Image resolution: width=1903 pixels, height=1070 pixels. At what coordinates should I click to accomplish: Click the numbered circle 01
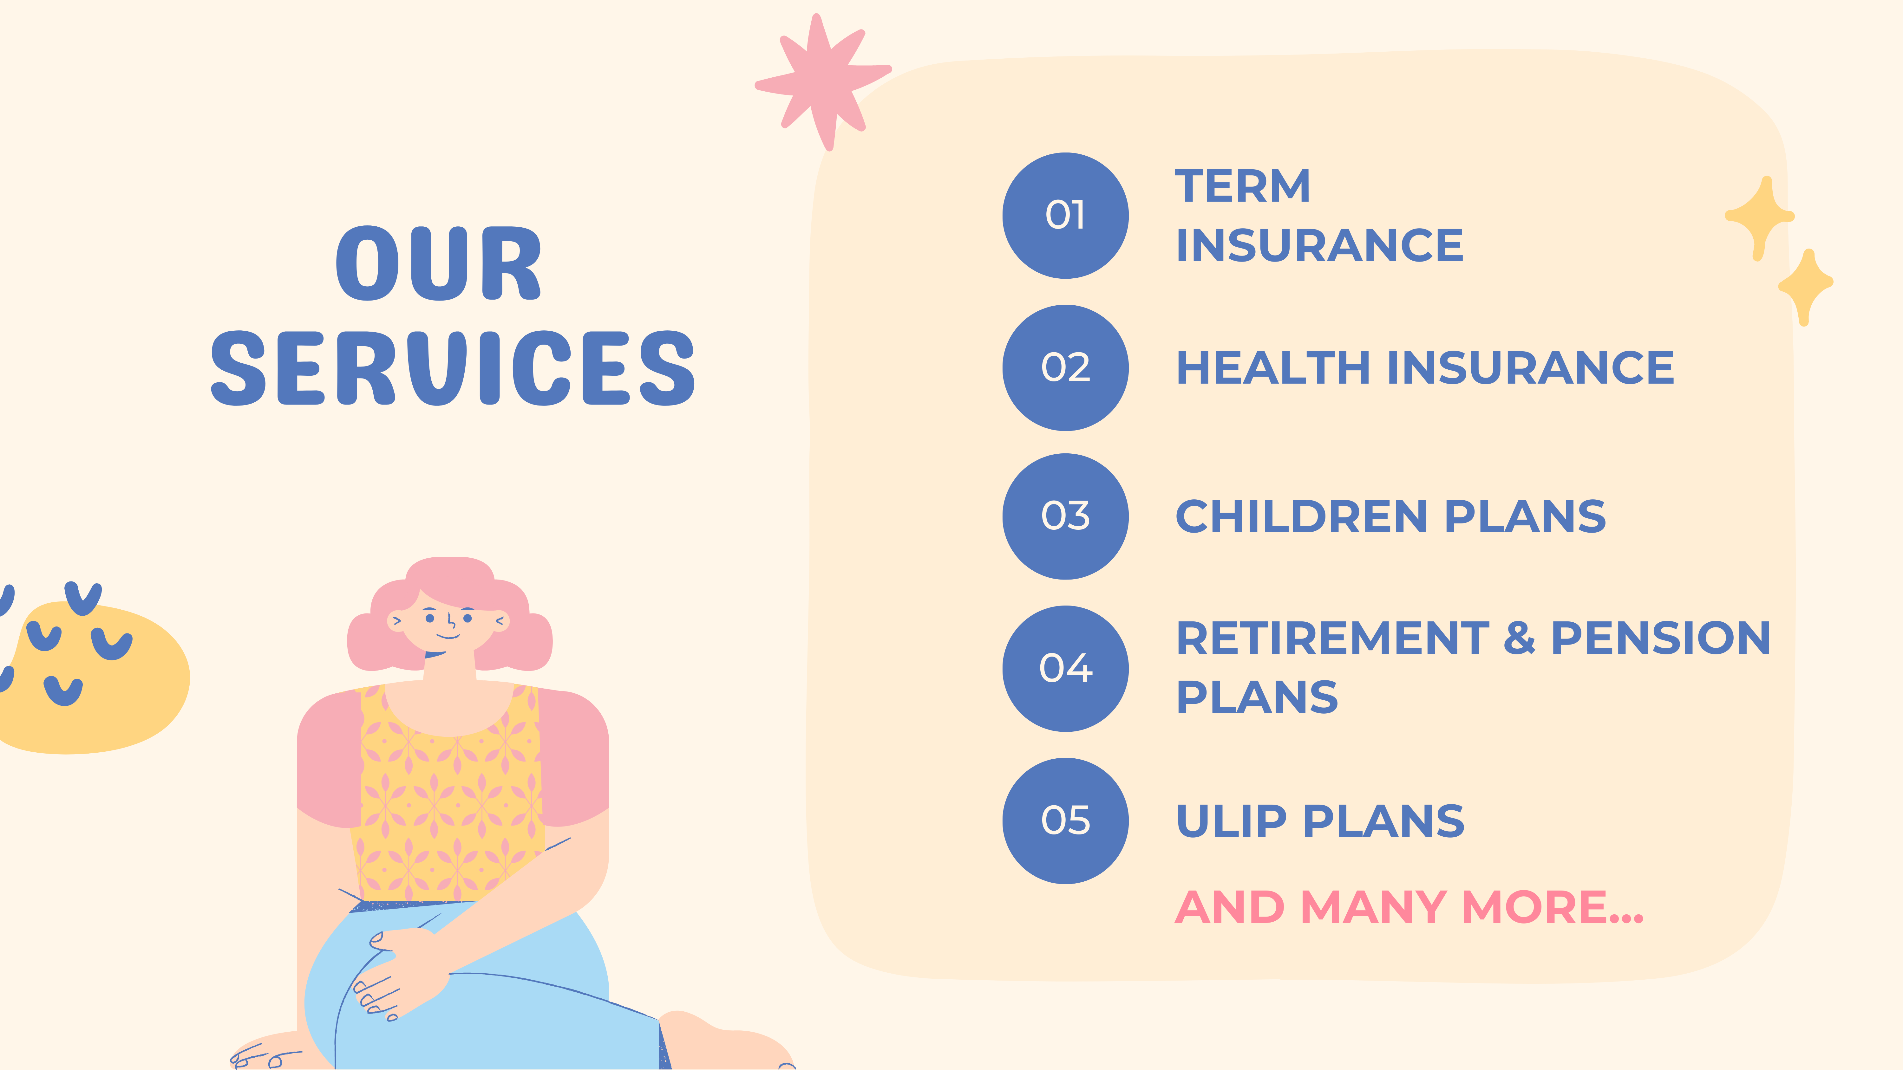(1065, 216)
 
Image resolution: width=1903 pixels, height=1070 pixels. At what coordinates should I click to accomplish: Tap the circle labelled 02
(1065, 368)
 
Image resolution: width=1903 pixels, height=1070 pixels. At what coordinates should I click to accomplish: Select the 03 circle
(1065, 516)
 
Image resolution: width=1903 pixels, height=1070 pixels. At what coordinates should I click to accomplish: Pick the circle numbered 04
(1065, 668)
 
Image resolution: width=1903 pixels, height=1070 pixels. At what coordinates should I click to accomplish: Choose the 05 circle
(1065, 820)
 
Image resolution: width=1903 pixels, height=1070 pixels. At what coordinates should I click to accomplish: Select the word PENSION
(1661, 638)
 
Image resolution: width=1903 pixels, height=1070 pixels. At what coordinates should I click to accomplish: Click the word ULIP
(1232, 821)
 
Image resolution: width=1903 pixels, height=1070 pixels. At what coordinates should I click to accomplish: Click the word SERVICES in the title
(453, 368)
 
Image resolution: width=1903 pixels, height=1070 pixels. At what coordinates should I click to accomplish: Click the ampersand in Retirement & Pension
(1520, 638)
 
